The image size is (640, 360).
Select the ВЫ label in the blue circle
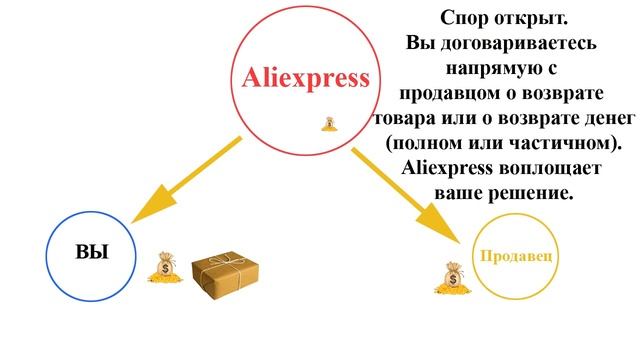pyautogui.click(x=92, y=252)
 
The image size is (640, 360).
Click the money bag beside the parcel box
pyautogui.click(x=163, y=267)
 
